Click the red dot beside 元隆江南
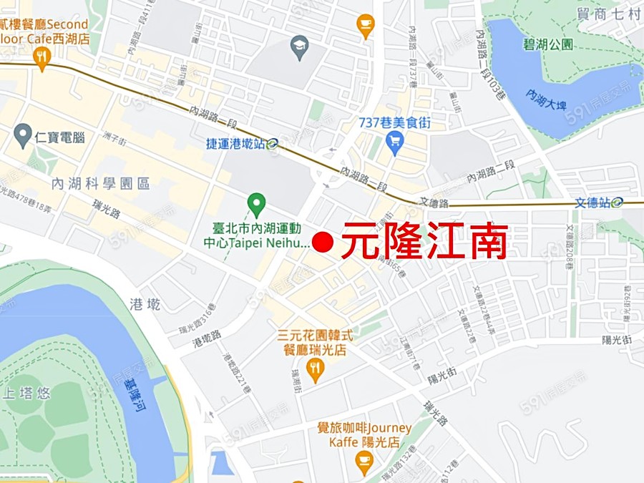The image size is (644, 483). (323, 243)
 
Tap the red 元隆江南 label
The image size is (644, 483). (424, 243)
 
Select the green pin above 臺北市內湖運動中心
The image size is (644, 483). (256, 205)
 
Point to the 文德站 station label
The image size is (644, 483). (593, 203)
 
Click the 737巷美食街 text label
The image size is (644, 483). (394, 123)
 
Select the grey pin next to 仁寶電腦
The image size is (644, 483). (24, 134)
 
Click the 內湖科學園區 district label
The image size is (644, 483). (101, 184)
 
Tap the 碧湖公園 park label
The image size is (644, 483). (547, 44)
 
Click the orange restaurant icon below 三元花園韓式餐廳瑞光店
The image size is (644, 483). (315, 370)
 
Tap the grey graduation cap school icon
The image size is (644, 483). (299, 47)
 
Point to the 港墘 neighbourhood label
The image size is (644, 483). (147, 303)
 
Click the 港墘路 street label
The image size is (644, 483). (207, 341)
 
